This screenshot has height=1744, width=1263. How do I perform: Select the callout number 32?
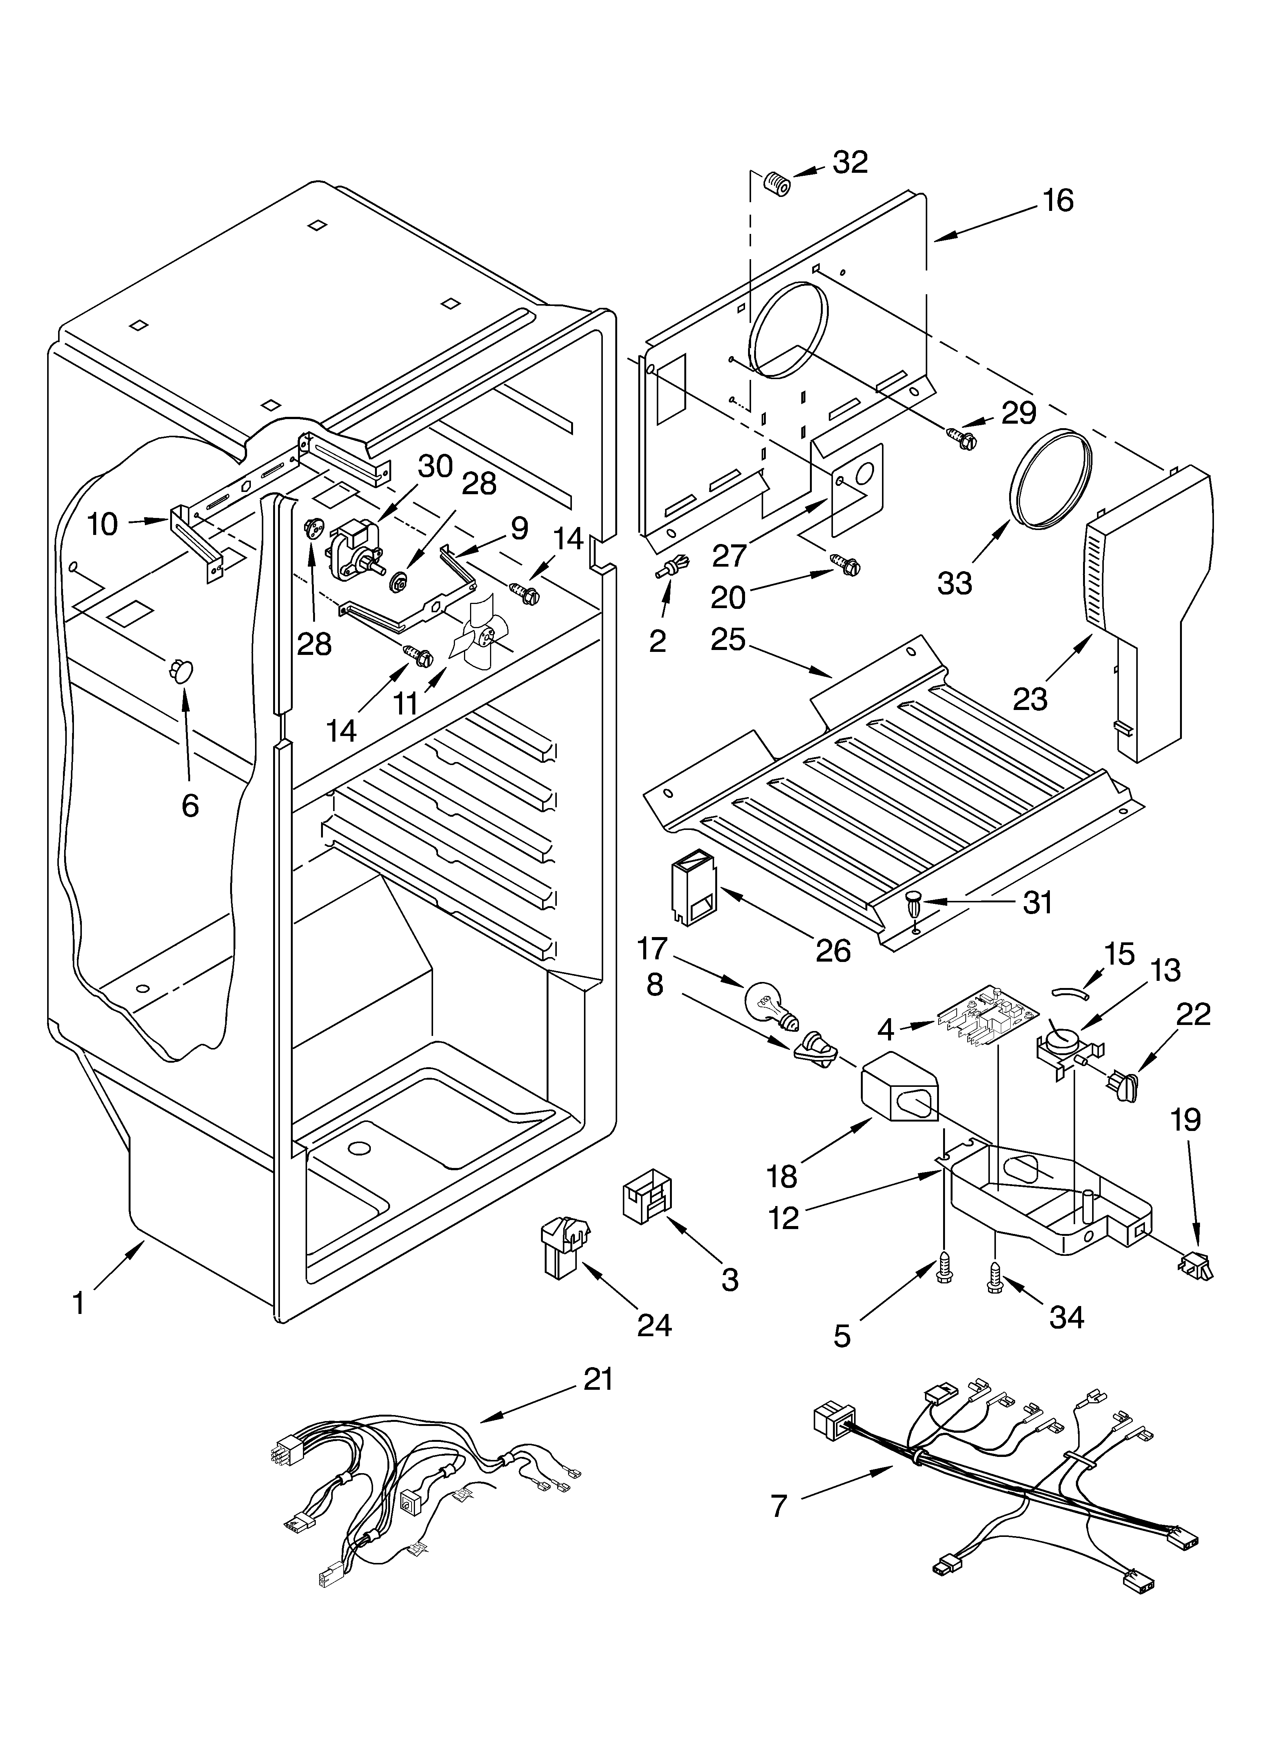click(x=850, y=162)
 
